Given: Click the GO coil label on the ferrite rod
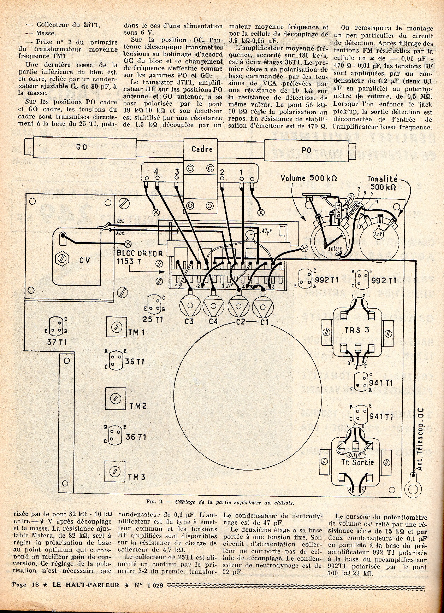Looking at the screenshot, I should (x=82, y=147).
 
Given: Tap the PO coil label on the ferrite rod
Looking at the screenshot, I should (x=307, y=150).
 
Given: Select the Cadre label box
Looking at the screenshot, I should (x=202, y=149).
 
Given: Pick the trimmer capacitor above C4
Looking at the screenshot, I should (x=214, y=304).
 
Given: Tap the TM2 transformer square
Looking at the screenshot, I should (x=115, y=398).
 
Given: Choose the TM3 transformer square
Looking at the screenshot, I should (x=115, y=472).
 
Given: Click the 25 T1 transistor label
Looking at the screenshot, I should (x=153, y=320).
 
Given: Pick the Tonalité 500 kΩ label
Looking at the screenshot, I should (x=383, y=183).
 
